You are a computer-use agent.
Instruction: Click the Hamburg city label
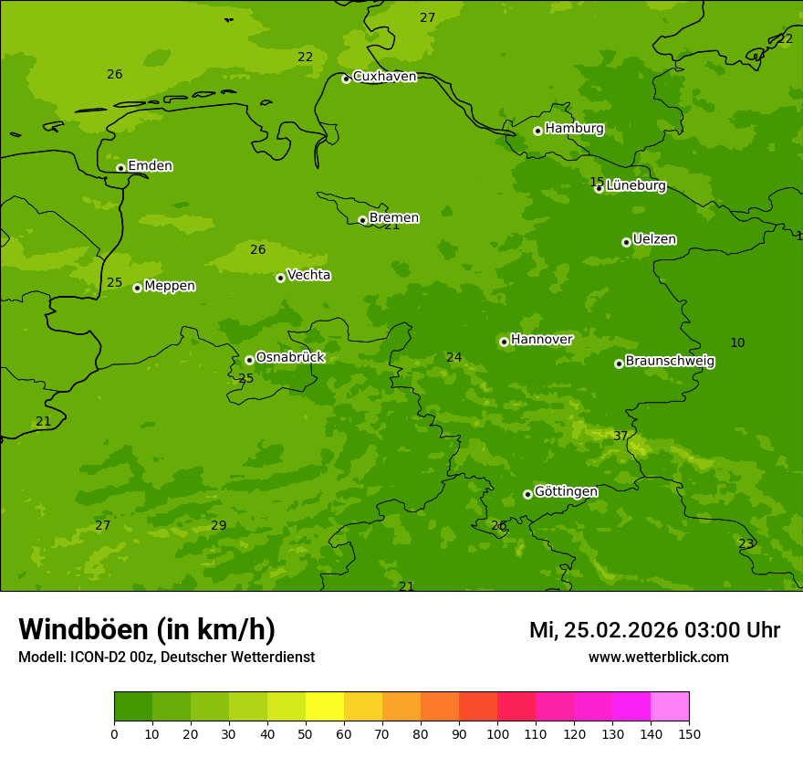click(574, 129)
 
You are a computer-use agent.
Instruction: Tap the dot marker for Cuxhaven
click(346, 79)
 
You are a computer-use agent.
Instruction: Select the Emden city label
click(150, 166)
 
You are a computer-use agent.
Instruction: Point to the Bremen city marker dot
click(362, 220)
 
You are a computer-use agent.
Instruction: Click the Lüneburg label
click(635, 185)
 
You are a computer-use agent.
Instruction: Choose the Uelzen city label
click(654, 239)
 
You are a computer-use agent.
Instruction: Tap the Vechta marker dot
click(280, 278)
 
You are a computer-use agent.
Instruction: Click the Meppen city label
click(170, 286)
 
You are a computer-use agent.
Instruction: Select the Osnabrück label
click(290, 357)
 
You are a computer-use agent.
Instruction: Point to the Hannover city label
click(541, 340)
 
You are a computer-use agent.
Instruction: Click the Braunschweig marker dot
click(619, 363)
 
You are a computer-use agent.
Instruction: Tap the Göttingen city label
click(566, 491)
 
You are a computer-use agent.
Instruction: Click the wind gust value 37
click(620, 437)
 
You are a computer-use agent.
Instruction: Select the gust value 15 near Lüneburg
click(597, 182)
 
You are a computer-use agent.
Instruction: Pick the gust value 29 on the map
click(219, 526)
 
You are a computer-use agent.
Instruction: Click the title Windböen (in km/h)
click(147, 629)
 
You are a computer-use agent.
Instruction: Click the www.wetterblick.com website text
click(658, 658)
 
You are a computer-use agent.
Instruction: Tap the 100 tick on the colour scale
click(497, 733)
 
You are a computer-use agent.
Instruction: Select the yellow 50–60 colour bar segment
click(325, 707)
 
